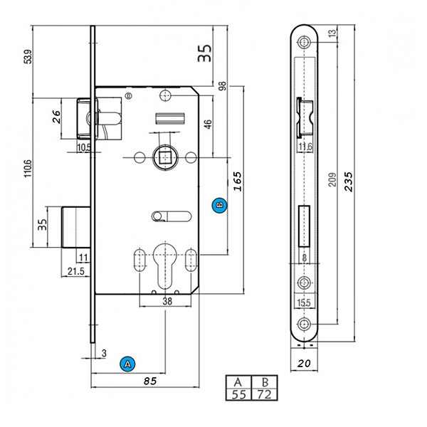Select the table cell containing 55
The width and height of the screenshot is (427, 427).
coord(238,394)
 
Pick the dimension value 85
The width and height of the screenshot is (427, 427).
coord(149,381)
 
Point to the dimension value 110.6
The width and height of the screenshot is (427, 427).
coord(27,172)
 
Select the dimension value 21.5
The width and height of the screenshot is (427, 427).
coord(75,272)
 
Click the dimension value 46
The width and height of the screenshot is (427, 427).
coord(208,124)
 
